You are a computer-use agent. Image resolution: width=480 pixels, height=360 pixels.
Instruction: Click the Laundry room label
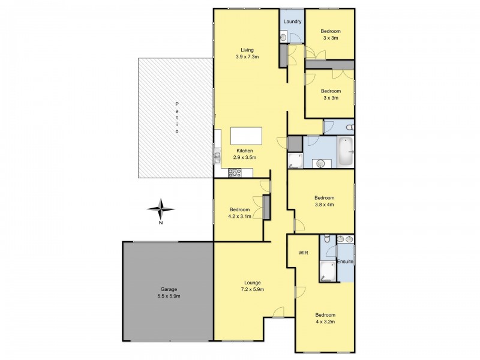click(292, 22)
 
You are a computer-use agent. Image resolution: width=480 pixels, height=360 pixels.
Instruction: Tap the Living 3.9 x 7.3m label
click(247, 53)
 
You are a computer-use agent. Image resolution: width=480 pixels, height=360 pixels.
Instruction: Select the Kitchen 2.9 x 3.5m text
click(245, 154)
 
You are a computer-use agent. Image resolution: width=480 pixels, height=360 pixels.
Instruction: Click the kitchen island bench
click(246, 136)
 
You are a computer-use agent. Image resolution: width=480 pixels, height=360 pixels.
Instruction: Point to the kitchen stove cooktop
click(235, 173)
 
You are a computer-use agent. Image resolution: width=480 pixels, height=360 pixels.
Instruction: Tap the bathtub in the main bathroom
click(346, 152)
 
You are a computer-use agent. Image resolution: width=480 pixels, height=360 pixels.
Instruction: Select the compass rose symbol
click(160, 209)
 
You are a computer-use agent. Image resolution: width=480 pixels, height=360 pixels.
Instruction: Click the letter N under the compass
click(160, 223)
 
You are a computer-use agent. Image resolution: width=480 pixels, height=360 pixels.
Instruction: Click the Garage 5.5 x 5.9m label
click(169, 292)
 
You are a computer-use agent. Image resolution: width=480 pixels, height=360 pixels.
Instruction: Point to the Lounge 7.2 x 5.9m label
click(252, 286)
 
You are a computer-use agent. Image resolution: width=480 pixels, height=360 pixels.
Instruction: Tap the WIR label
click(303, 253)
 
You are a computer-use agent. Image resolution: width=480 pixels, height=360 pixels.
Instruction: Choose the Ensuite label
click(345, 262)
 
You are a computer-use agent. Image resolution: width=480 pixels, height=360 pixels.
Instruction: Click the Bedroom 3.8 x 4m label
click(324, 201)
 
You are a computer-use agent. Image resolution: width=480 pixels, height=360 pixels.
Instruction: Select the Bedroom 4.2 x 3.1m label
click(239, 213)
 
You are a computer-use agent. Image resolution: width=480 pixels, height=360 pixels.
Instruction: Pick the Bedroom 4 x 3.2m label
click(325, 318)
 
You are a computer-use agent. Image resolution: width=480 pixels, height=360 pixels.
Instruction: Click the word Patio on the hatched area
click(176, 118)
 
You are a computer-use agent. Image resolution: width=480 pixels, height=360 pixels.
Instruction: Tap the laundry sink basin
click(283, 37)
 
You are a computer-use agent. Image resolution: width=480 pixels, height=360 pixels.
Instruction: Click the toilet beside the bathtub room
click(350, 127)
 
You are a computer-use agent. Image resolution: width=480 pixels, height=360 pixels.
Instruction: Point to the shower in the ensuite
click(328, 271)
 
